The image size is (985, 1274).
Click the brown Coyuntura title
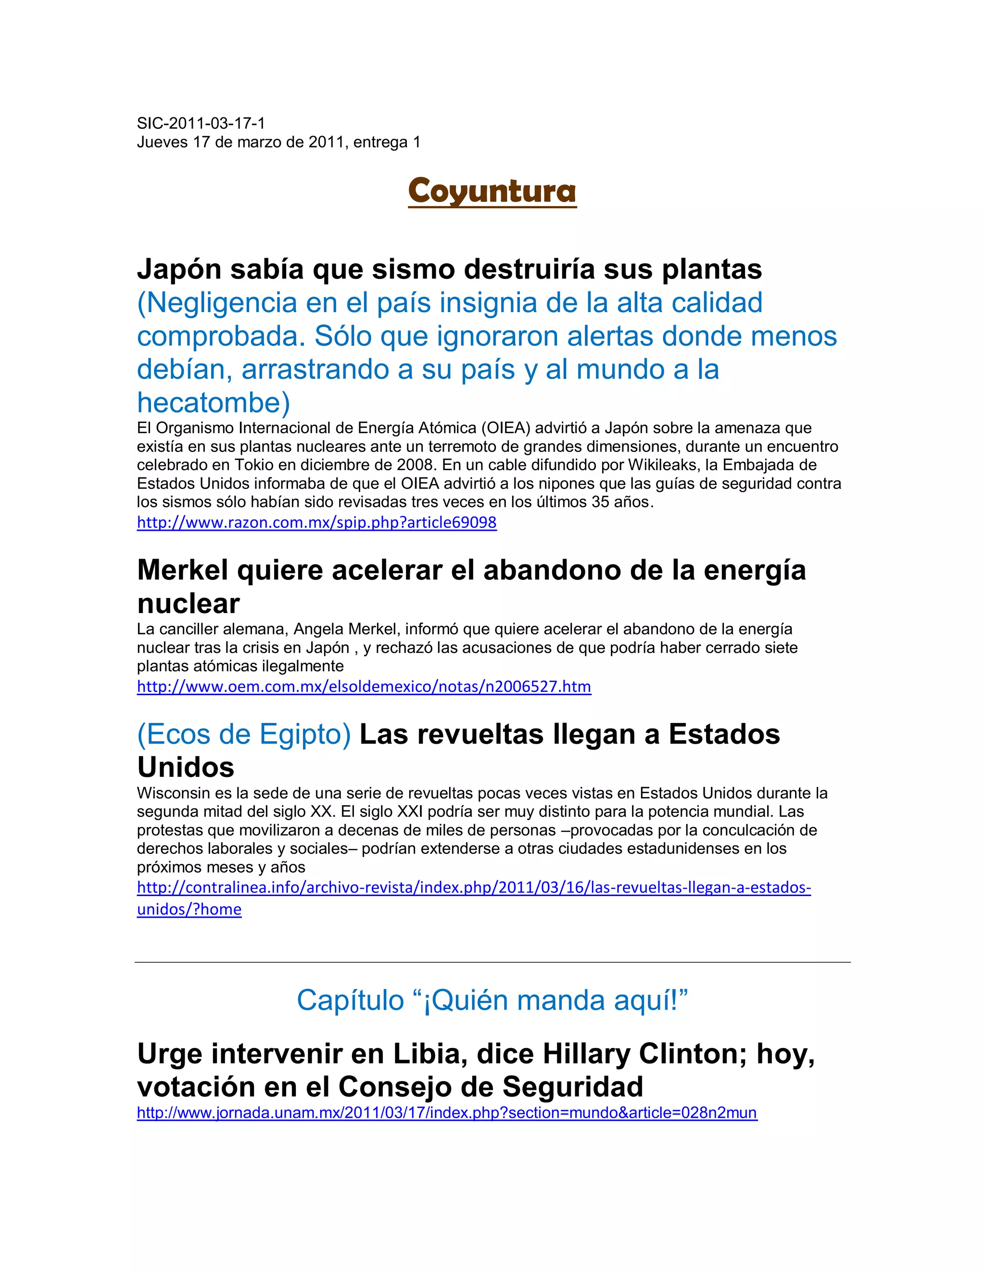pos(492,191)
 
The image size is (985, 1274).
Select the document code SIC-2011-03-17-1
pos(201,123)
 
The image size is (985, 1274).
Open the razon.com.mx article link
pos(316,522)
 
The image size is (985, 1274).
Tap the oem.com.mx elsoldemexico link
pos(364,686)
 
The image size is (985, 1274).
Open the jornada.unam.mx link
pos(446,1112)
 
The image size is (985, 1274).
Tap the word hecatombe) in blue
pos(214,402)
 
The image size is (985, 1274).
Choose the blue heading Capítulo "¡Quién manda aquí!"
pos(492,1000)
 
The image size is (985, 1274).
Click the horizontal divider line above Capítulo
pos(492,962)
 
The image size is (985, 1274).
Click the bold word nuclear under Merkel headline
pos(188,604)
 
